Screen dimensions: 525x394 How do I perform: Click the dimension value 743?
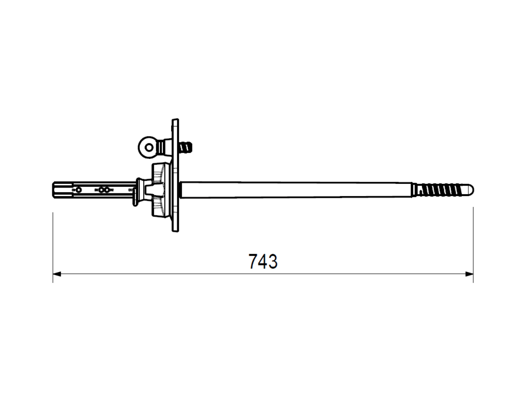click(263, 261)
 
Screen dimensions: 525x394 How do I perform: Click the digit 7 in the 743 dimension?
click(253, 261)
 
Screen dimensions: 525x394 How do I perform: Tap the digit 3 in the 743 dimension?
click(273, 261)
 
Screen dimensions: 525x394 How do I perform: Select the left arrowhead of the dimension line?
click(57, 274)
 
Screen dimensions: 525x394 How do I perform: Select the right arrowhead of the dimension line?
click(469, 274)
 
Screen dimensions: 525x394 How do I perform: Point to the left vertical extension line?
click(53, 247)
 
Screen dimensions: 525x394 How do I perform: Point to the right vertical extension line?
click(473, 245)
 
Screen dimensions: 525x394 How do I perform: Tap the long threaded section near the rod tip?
click(442, 190)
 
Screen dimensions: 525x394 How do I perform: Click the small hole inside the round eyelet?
click(149, 147)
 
